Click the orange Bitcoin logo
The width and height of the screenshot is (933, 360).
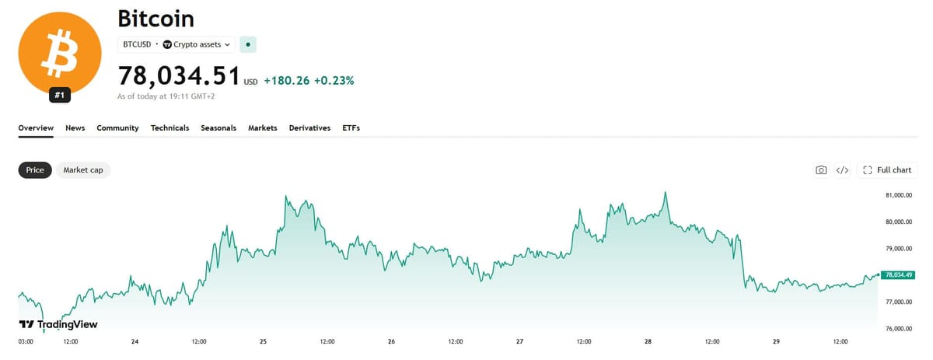60,54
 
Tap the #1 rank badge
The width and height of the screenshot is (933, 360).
60,95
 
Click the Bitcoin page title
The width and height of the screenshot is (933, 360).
155,19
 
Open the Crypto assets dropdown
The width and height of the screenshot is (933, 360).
197,44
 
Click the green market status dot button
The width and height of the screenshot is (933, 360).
248,44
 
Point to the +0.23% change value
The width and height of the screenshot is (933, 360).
334,80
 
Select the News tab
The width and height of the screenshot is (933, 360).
75,128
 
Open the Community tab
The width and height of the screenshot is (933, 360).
117,128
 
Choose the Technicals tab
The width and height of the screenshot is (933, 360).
170,128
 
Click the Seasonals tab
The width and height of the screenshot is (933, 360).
218,128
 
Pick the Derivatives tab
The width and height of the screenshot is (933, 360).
309,128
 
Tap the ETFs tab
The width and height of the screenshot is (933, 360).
351,128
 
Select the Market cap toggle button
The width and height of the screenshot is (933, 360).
83,170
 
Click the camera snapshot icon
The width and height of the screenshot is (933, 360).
821,170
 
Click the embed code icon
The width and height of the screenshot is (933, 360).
842,170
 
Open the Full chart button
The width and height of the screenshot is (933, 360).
887,170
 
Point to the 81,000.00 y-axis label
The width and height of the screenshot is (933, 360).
899,195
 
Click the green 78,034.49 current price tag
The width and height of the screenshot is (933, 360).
898,275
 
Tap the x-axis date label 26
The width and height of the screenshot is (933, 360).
391,341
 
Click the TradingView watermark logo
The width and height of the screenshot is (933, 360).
58,324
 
